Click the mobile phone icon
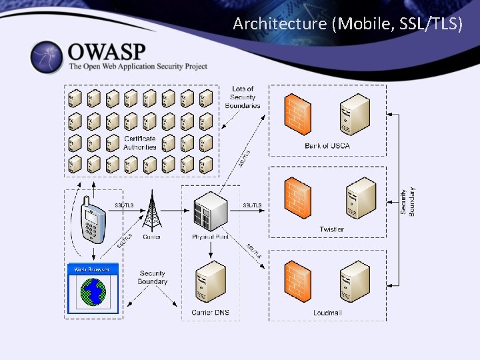pyautogui.click(x=93, y=220)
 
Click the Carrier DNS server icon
pyautogui.click(x=210, y=283)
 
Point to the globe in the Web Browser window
pyautogui.click(x=93, y=291)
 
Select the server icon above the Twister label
pyautogui.click(x=360, y=198)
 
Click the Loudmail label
pyautogui.click(x=327, y=313)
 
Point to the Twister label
pyautogui.click(x=331, y=229)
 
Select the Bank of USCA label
pyautogui.click(x=327, y=145)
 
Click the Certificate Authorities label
pyautogui.click(x=140, y=143)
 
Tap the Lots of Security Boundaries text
pyautogui.click(x=243, y=97)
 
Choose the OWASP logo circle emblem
pyautogui.click(x=47, y=58)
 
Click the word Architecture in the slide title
pyautogui.click(x=280, y=24)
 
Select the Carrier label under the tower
pyautogui.click(x=151, y=237)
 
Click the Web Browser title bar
pyautogui.click(x=93, y=269)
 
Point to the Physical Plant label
pyautogui.click(x=209, y=237)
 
